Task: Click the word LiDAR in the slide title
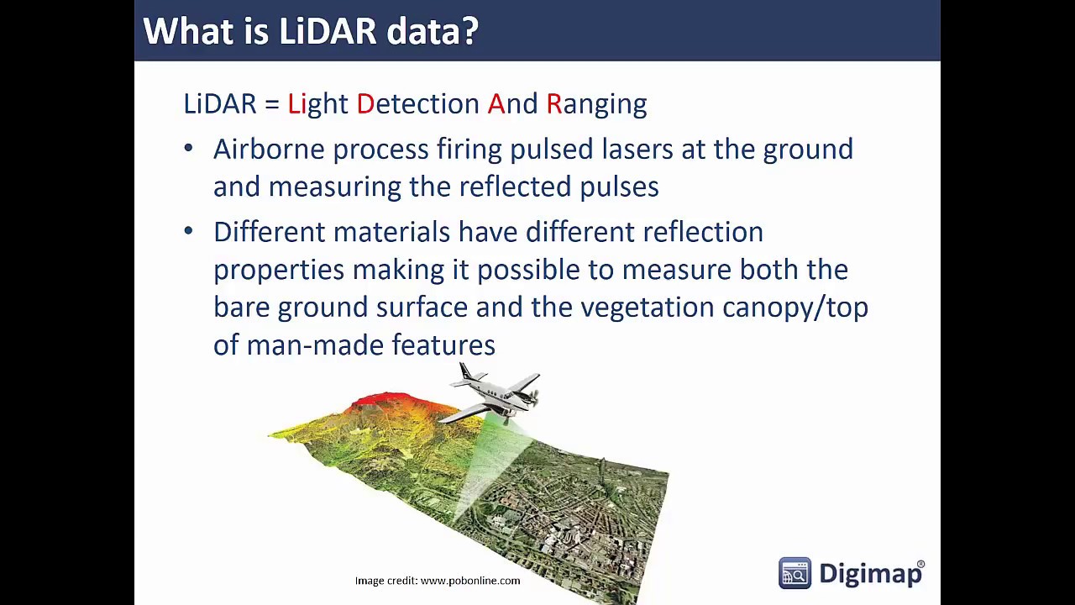tap(328, 31)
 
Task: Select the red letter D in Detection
tap(365, 103)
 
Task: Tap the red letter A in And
tap(496, 103)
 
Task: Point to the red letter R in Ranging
tap(553, 103)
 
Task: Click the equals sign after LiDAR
tap(272, 105)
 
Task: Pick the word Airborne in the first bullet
tap(270, 149)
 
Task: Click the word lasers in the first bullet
tap(637, 149)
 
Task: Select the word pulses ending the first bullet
tap(619, 187)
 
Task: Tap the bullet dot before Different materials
tap(189, 231)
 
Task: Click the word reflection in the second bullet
tap(703, 232)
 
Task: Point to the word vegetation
tap(648, 308)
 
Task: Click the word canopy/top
tap(795, 308)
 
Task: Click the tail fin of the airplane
tap(465, 372)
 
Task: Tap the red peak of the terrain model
tap(384, 398)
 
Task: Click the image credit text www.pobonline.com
tap(470, 581)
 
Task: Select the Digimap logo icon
tap(794, 573)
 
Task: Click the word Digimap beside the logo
tap(870, 574)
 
